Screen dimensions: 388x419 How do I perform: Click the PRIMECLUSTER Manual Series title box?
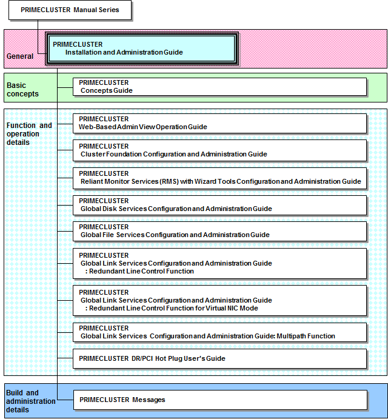[70, 10]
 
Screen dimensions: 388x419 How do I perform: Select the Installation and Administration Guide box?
[142, 49]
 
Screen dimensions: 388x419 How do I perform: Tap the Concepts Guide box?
[219, 87]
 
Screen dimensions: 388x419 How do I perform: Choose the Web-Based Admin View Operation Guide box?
[219, 123]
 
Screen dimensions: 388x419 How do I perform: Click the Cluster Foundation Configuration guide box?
[219, 150]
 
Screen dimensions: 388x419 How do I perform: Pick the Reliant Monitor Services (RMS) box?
[219, 178]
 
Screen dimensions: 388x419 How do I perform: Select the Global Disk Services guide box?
[219, 205]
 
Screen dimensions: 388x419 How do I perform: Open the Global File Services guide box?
[219, 231]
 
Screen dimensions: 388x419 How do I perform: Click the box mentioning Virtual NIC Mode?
[219, 300]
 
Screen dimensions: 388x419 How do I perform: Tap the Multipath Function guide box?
[219, 332]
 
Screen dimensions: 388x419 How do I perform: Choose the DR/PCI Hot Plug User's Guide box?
[219, 358]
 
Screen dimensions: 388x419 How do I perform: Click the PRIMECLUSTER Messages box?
[220, 400]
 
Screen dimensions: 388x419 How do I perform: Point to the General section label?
[20, 56]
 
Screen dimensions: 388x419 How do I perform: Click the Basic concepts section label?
[22, 90]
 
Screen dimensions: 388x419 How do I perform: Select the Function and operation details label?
[29, 133]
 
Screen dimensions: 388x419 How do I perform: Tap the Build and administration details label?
[31, 401]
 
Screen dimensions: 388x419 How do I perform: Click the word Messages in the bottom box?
[149, 400]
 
